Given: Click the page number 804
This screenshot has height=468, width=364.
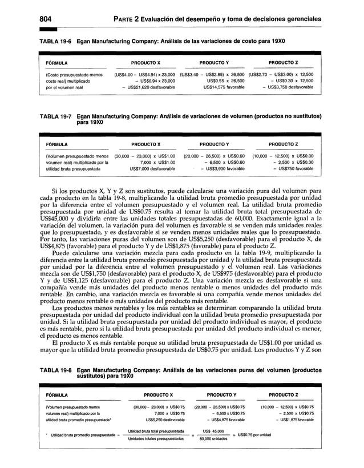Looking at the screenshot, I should click(47, 18).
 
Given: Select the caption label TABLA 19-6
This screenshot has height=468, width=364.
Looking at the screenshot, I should click(55, 42).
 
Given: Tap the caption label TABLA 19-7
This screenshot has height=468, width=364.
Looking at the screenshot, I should click(55, 116).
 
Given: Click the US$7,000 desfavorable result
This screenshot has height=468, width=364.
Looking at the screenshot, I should click(145, 169).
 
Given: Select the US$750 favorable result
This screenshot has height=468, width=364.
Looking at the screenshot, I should click(291, 169).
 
